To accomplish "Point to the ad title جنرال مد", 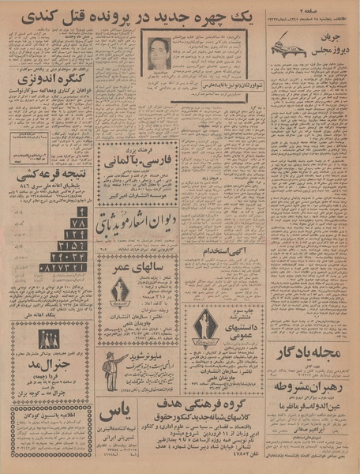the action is [50, 369].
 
